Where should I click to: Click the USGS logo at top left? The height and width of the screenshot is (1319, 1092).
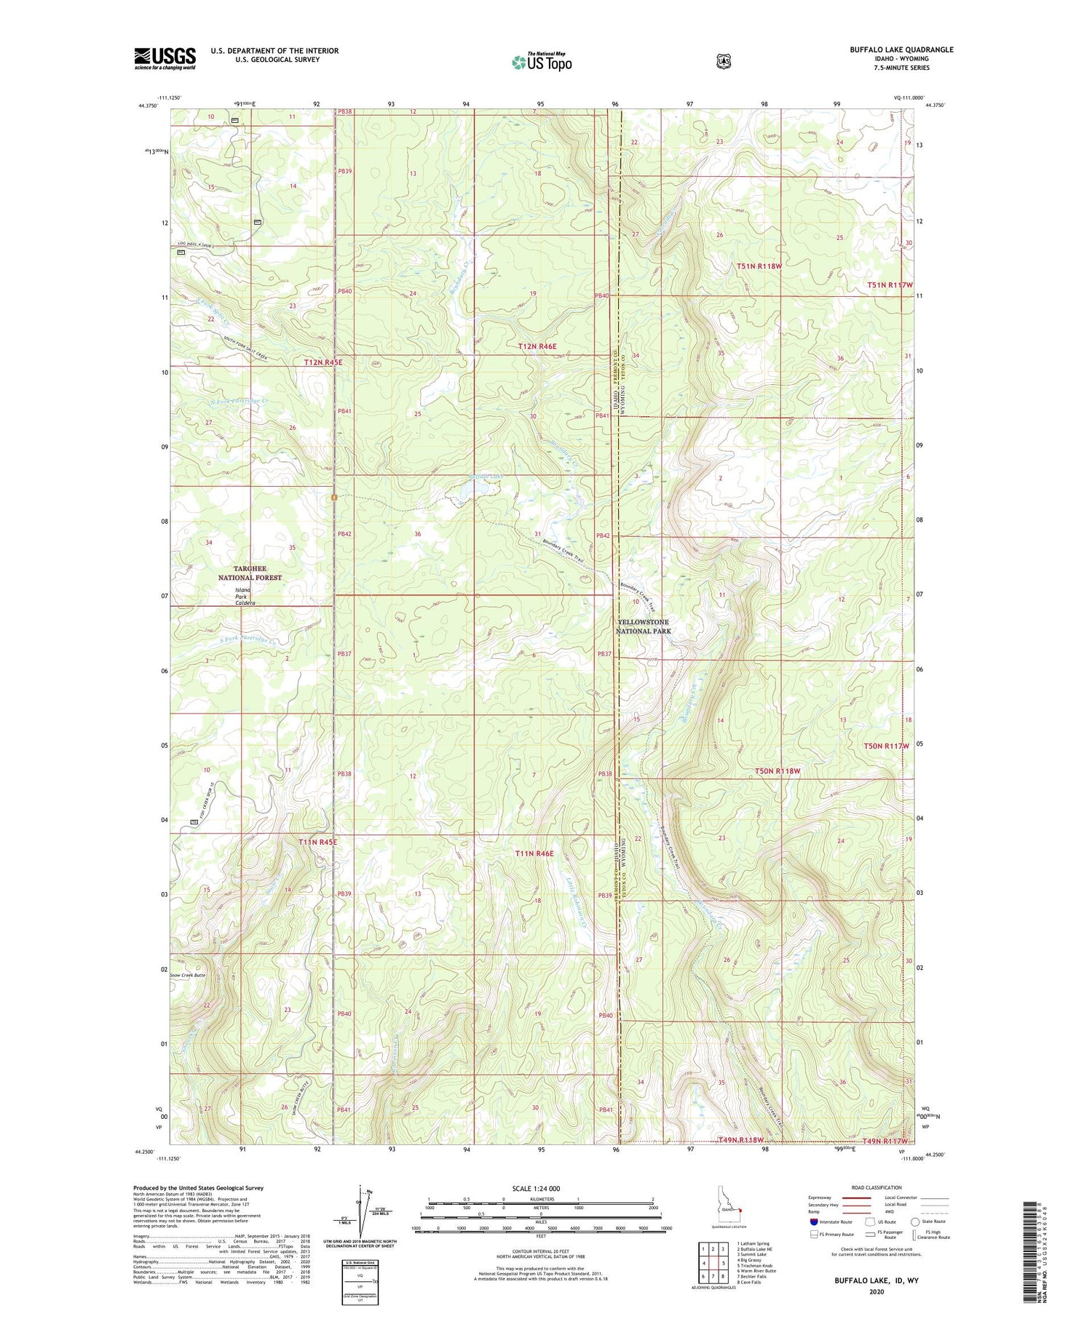tap(165, 58)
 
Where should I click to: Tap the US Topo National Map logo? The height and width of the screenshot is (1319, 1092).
tap(542, 61)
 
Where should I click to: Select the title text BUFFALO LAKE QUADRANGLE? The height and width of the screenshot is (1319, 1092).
tap(901, 49)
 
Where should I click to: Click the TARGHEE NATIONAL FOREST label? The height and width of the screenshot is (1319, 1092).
tap(250, 573)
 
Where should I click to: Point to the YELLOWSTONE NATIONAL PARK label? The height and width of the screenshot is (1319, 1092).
tap(643, 627)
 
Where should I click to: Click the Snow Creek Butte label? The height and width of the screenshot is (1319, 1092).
tap(188, 975)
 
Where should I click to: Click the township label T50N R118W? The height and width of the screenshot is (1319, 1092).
tap(777, 770)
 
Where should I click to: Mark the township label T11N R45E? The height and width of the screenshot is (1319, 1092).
tap(318, 842)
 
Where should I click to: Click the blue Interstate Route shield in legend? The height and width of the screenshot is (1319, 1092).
tap(813, 1222)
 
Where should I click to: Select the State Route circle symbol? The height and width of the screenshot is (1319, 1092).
tap(915, 1222)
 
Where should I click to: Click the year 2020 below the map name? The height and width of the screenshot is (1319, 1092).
tap(876, 1292)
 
